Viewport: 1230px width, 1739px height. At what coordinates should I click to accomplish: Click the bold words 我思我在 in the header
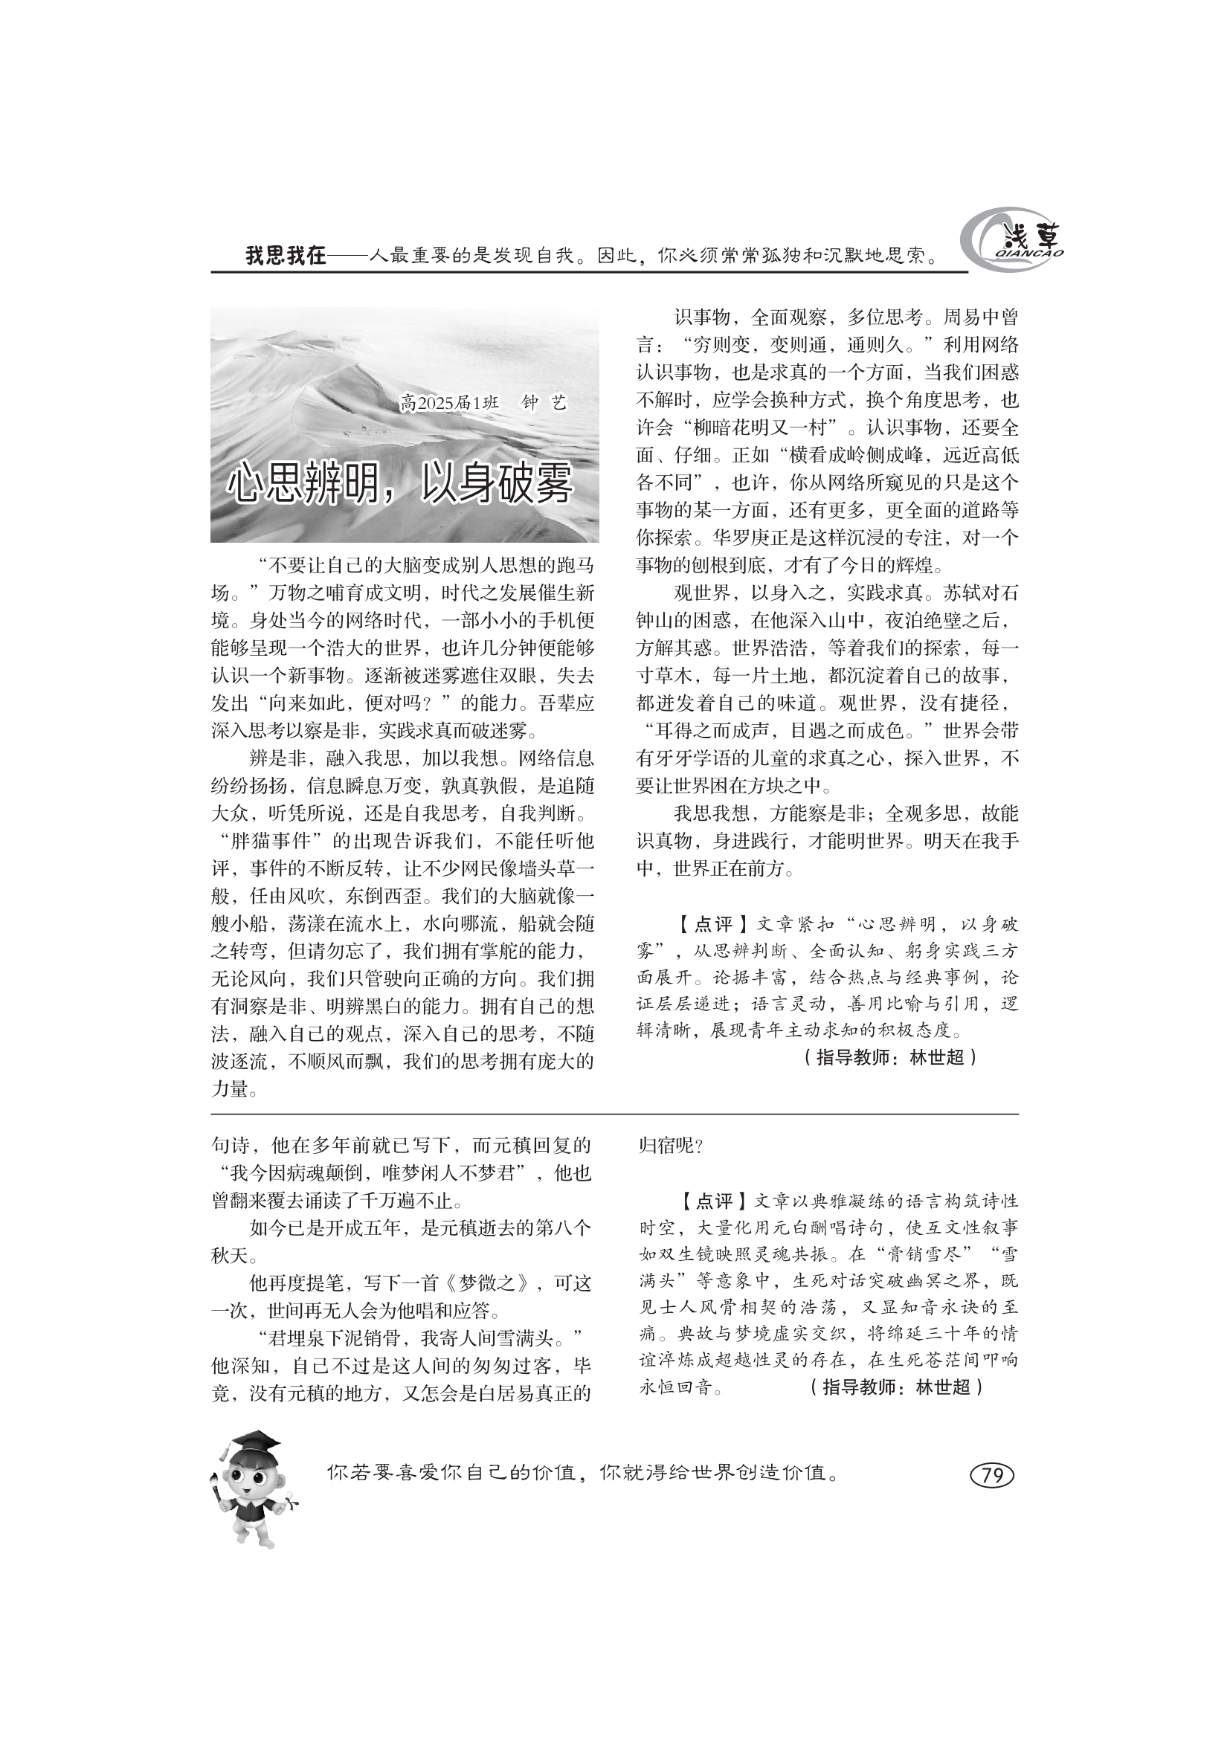click(x=286, y=256)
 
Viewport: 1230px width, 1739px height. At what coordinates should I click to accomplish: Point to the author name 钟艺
click(x=543, y=403)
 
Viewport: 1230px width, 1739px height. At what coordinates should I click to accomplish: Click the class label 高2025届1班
click(x=449, y=403)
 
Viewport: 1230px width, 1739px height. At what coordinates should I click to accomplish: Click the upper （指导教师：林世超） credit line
click(x=889, y=1057)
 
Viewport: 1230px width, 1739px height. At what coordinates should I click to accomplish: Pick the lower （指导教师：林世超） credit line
click(x=895, y=1387)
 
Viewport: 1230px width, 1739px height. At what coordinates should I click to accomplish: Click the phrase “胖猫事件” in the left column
click(x=268, y=842)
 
